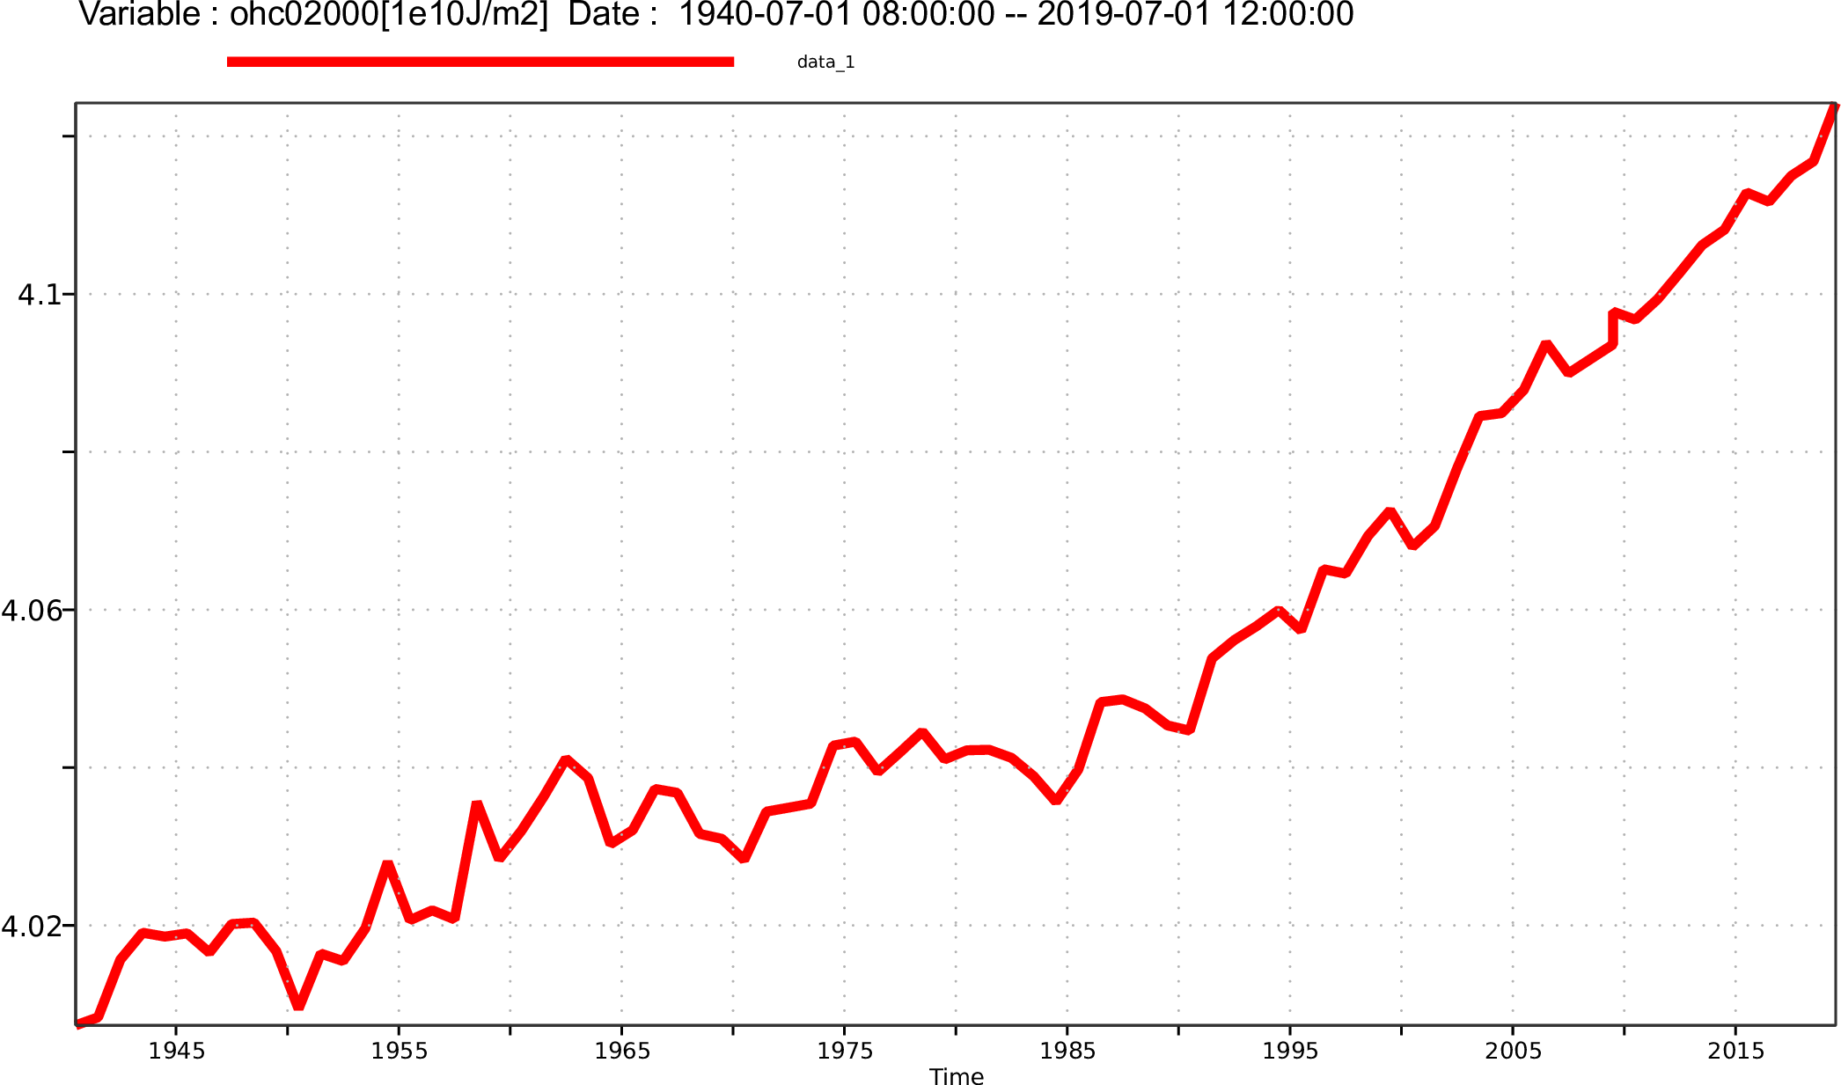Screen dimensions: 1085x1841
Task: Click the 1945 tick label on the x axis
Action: click(176, 1051)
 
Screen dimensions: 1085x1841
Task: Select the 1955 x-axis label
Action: click(399, 1051)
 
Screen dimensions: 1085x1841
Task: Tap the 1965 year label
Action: click(621, 1051)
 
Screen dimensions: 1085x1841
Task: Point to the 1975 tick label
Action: click(845, 1051)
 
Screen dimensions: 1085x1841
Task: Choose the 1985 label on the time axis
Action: click(1067, 1051)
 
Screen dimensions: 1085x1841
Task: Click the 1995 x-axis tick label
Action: click(1290, 1051)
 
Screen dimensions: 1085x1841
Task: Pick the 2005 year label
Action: click(1513, 1051)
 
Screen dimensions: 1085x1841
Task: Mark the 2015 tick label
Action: click(1735, 1051)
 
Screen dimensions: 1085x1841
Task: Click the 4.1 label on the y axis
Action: click(40, 295)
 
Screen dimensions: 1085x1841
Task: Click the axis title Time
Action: click(957, 1076)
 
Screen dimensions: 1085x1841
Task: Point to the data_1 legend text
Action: click(825, 62)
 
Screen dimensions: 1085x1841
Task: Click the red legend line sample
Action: click(480, 62)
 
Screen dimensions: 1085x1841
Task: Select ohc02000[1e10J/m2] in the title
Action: click(388, 15)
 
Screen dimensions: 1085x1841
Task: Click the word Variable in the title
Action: click(140, 15)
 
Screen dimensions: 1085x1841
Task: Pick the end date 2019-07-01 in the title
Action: click(1121, 15)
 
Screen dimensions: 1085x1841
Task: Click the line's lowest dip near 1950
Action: click(299, 1004)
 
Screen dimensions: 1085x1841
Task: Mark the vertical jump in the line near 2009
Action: click(1613, 328)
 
